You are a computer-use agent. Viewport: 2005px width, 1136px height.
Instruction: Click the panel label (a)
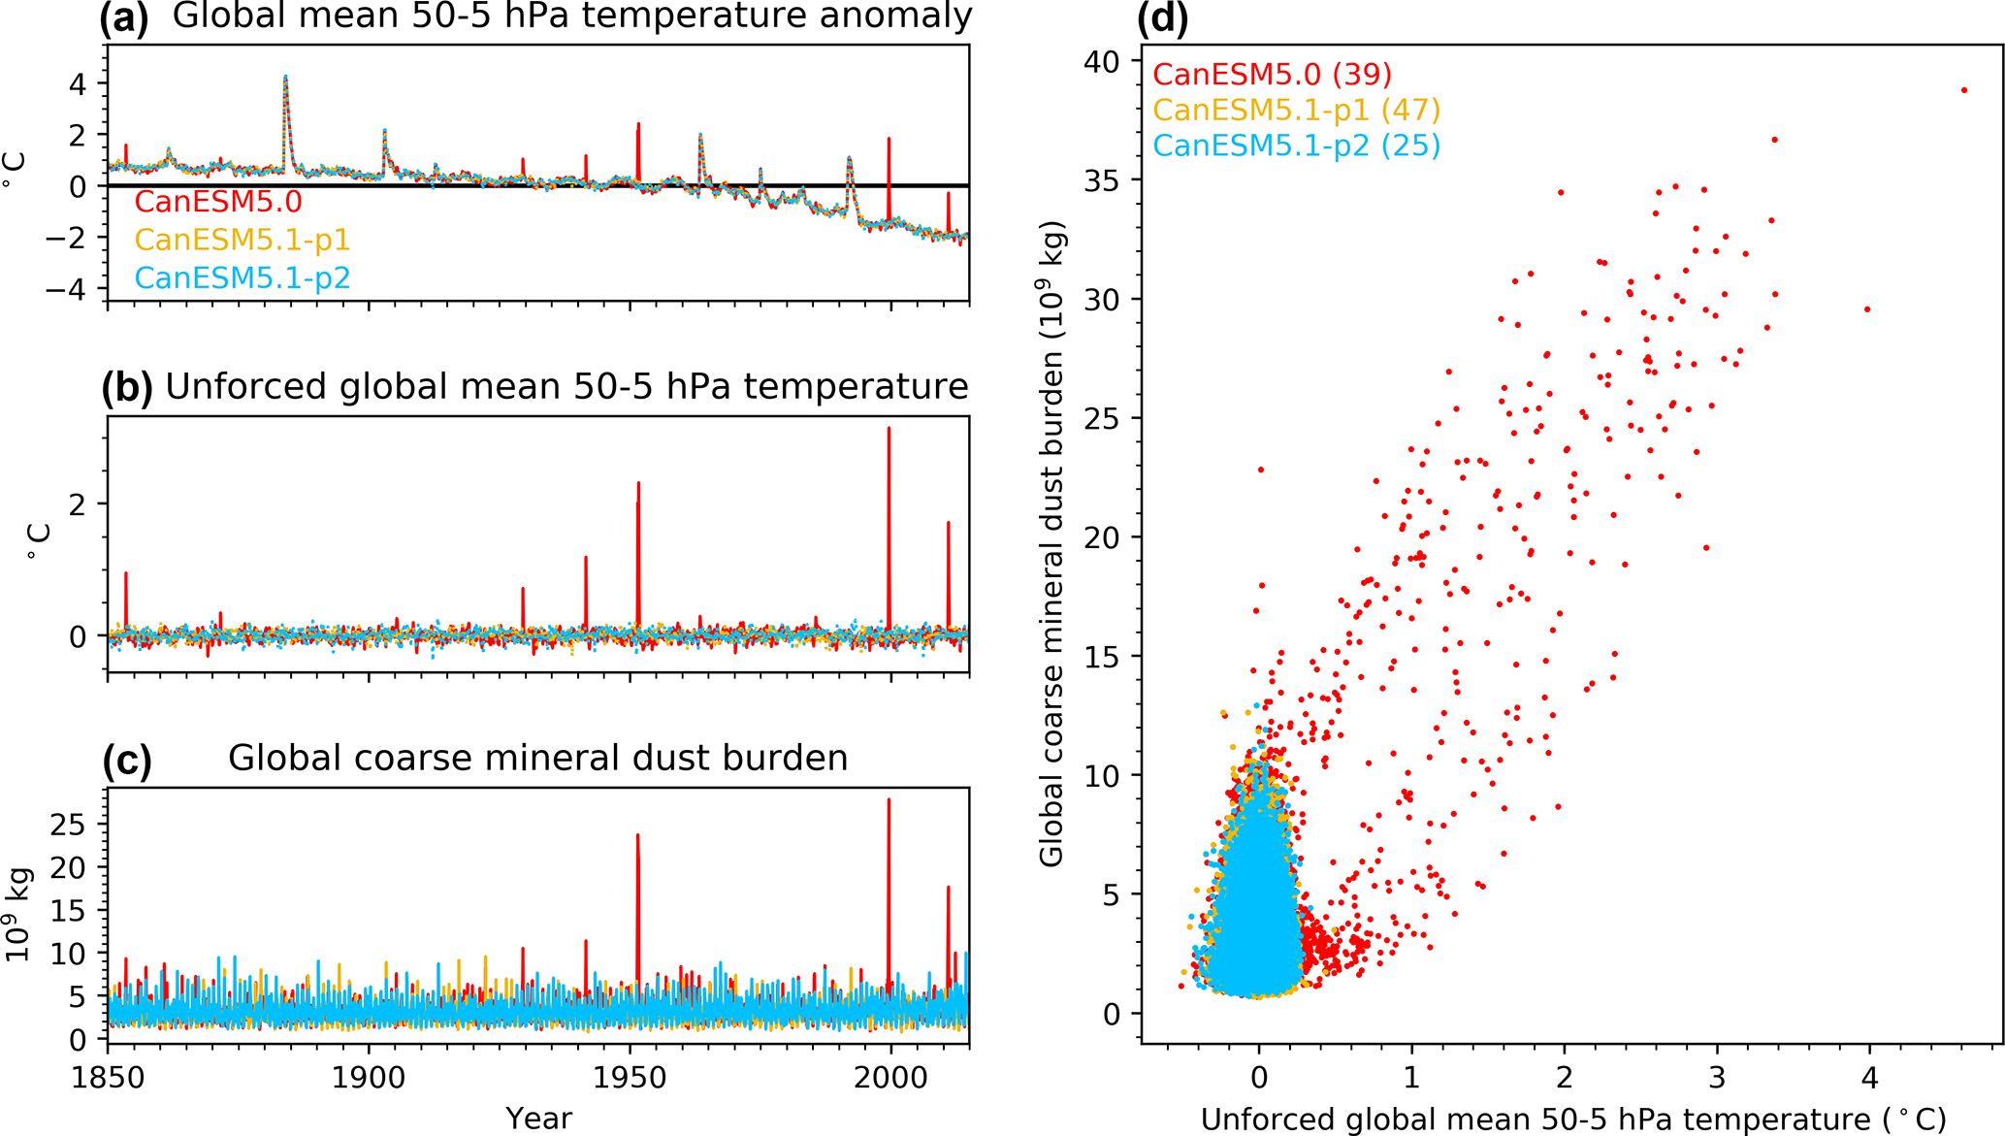pos(124,18)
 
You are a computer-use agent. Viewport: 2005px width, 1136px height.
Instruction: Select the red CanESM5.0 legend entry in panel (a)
pos(218,202)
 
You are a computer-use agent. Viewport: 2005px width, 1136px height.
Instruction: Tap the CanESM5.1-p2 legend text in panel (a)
pos(243,278)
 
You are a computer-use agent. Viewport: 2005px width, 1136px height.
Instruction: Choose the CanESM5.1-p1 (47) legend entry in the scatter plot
pos(1297,110)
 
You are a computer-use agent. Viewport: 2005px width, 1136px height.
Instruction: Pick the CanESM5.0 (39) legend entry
pos(1273,74)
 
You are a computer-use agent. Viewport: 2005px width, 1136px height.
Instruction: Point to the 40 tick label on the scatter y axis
pos(1102,61)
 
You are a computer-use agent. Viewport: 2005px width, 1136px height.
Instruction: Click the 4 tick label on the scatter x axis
pos(1869,1078)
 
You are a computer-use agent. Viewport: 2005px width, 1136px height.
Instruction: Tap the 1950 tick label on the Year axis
pos(631,1078)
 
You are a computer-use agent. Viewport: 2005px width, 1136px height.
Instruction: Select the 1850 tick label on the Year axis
pos(107,1078)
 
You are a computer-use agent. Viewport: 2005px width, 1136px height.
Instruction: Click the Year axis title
pos(538,1119)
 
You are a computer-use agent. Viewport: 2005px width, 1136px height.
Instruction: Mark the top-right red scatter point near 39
pos(1964,90)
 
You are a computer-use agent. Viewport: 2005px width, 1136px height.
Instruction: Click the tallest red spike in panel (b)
pos(889,429)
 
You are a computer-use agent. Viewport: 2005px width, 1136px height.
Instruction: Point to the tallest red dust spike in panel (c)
pos(889,800)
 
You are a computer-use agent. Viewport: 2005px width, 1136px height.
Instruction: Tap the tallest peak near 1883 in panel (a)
pos(285,77)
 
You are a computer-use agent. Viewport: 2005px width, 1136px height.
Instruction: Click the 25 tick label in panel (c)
pos(68,825)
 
